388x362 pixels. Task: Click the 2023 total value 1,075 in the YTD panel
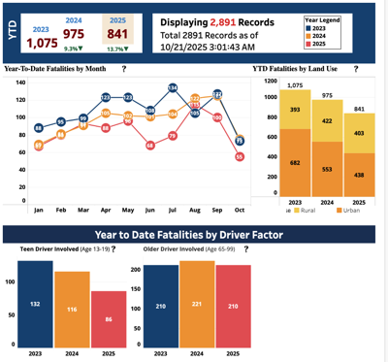(42, 42)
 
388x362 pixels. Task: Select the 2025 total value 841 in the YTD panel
(118, 34)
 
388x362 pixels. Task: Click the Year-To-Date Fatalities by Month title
(59, 70)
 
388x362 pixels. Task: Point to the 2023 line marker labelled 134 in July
(173, 88)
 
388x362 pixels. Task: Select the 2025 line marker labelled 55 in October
(240, 156)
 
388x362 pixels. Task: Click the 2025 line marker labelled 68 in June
(150, 146)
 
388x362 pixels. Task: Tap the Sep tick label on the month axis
(217, 209)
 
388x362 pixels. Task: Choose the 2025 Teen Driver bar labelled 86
(109, 318)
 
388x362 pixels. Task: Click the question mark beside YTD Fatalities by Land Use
(356, 70)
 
